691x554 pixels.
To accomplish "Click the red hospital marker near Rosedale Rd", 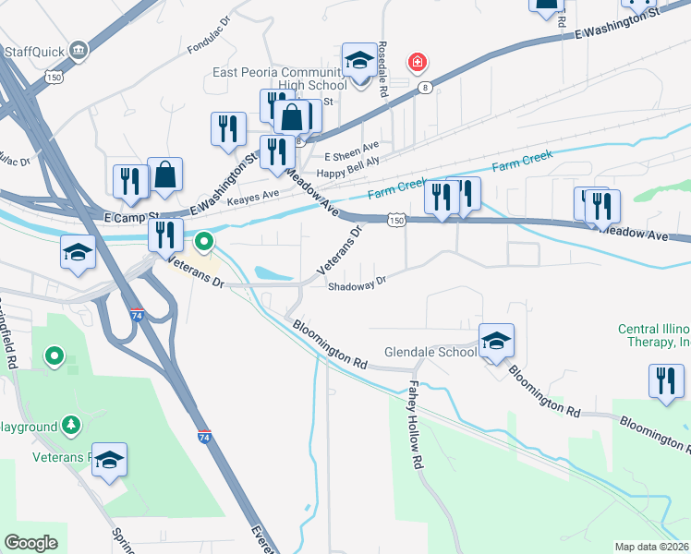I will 418,63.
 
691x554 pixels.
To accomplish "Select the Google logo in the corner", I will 30,542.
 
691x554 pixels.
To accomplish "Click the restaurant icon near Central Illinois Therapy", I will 666,381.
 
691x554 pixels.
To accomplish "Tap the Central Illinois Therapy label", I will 654,335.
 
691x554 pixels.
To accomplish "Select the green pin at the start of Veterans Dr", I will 204,244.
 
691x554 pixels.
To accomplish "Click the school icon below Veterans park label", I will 109,460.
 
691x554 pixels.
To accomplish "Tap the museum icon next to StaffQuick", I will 78,49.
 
